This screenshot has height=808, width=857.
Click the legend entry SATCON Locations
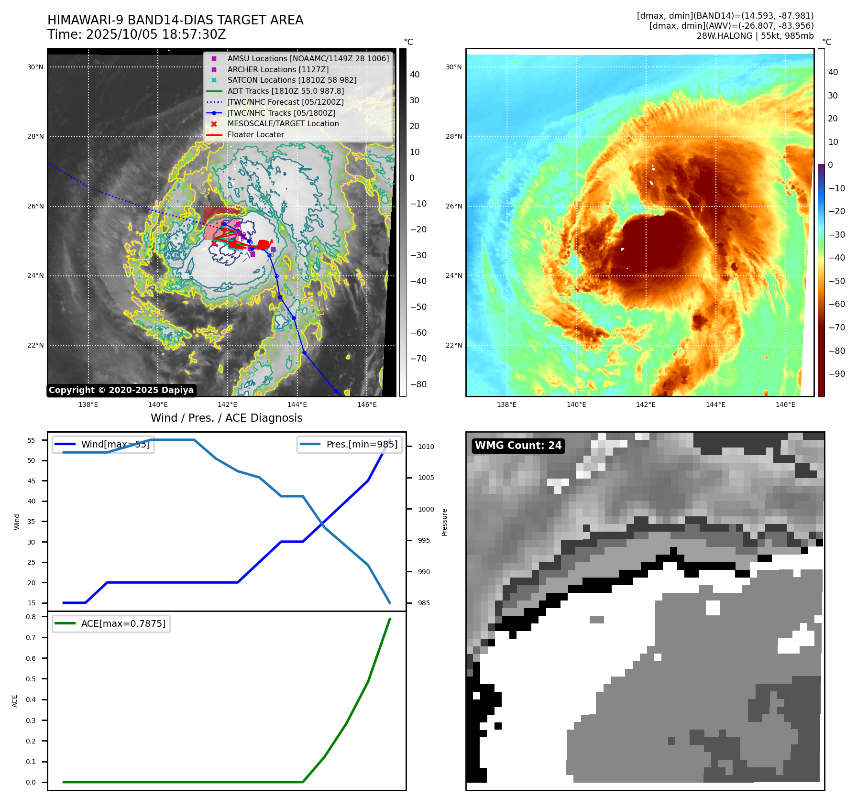coord(292,80)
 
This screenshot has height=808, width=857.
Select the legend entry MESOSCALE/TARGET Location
coord(283,124)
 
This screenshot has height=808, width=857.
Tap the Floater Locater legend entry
coord(255,135)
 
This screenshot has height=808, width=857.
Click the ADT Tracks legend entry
coord(286,91)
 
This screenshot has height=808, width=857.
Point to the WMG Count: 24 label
coord(518,446)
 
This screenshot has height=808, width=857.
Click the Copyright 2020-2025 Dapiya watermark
coord(121,390)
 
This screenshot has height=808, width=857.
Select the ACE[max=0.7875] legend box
coord(111,624)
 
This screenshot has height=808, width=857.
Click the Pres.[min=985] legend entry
coord(349,445)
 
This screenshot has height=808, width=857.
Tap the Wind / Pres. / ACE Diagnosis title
coord(226,418)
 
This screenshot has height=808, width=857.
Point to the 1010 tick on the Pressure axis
coord(426,447)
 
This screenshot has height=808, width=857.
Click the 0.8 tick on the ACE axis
coord(31,617)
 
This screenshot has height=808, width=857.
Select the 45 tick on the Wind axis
coord(32,481)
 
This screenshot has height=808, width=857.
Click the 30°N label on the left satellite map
coord(35,67)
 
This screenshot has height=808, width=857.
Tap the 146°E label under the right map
coord(785,405)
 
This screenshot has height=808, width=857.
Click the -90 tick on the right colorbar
coord(836,374)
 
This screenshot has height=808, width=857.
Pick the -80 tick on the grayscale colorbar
coord(418,384)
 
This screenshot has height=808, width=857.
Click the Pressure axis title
coord(444,522)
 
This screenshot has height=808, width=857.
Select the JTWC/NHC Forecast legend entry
coord(286,102)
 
